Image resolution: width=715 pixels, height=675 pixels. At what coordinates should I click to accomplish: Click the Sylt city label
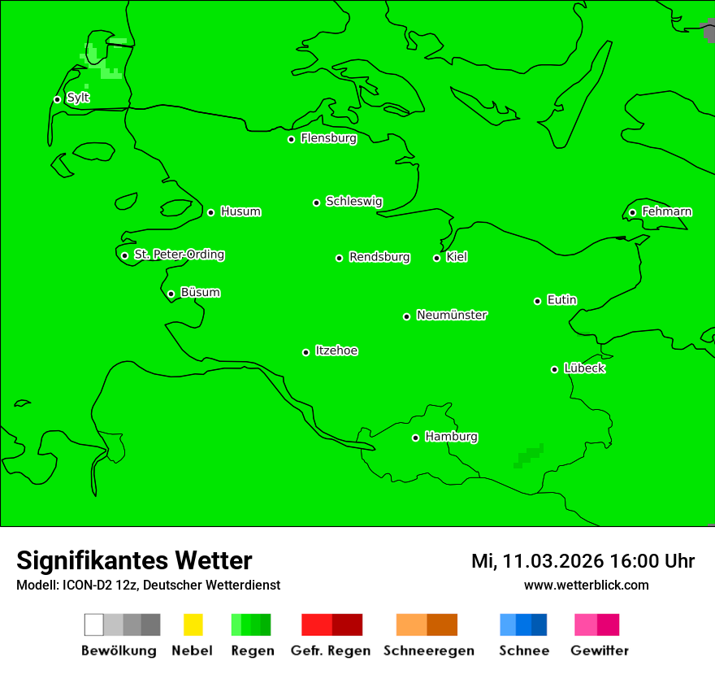(78, 98)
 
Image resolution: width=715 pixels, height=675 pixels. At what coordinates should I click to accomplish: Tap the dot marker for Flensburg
(291, 139)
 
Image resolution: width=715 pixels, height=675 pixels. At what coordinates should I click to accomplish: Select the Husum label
(240, 211)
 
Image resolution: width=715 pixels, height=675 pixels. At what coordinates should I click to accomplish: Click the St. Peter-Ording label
(179, 255)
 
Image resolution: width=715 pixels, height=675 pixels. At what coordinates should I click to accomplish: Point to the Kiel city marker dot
(436, 258)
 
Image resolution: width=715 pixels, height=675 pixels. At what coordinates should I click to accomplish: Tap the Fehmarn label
(666, 211)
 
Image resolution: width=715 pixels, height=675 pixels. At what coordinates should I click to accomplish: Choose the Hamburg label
(451, 437)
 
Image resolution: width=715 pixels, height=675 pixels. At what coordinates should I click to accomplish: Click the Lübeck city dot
(554, 369)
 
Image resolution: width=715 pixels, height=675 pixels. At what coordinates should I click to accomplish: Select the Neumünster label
(452, 315)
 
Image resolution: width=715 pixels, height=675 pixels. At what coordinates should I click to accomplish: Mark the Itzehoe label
(336, 351)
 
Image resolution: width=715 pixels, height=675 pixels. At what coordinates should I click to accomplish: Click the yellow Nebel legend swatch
(193, 625)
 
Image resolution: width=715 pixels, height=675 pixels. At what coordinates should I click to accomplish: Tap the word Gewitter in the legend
(600, 651)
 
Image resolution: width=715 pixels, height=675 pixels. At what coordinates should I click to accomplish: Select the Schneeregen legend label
(428, 651)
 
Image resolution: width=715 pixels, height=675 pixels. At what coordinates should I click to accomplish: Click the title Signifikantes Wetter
(134, 560)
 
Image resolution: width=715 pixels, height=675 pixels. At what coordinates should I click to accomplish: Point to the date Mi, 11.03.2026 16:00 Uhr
(583, 561)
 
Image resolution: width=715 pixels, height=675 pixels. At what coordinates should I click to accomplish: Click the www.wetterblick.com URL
(586, 585)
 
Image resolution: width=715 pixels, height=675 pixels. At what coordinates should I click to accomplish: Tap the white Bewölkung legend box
(94, 625)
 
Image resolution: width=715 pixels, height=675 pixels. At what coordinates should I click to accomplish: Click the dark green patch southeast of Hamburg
(529, 455)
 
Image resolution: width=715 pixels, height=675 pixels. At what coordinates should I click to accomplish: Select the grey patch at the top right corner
(708, 30)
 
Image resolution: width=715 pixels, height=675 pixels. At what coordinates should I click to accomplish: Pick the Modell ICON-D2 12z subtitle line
(148, 585)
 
